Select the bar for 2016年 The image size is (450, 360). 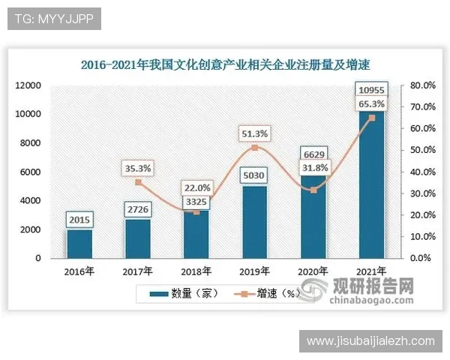(79, 244)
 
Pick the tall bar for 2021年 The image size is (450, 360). (372, 187)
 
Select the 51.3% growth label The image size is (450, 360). (255, 133)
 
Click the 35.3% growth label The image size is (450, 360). (137, 169)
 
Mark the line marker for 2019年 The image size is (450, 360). (255, 148)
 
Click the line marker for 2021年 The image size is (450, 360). (372, 118)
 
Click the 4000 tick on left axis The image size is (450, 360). (31, 201)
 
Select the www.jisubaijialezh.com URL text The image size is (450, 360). (370, 341)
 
